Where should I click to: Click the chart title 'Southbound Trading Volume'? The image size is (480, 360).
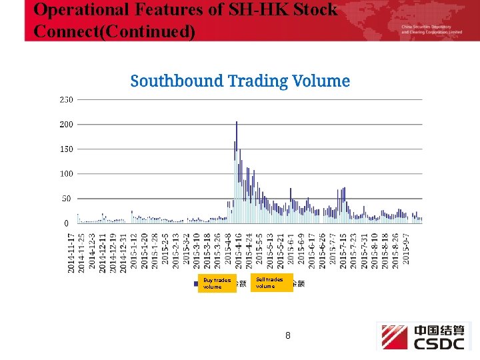click(240, 81)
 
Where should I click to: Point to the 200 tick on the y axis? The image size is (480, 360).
click(67, 125)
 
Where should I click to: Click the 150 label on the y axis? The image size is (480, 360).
click(67, 149)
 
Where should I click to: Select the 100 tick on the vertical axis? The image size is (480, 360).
click(67, 174)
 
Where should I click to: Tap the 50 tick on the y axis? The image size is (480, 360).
click(67, 199)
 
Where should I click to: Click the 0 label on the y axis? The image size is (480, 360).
click(67, 223)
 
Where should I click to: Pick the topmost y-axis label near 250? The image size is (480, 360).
click(67, 100)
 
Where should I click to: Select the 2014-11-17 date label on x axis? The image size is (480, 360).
click(71, 252)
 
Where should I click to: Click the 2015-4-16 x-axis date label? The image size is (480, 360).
click(239, 250)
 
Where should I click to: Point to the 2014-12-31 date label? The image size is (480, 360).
click(123, 252)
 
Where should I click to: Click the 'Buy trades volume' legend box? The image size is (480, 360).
click(217, 283)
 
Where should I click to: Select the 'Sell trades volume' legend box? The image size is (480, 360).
click(272, 283)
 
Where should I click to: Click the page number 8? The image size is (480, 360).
click(287, 336)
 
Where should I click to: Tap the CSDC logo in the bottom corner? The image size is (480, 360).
click(424, 337)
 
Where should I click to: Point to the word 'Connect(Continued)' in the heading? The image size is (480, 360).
click(114, 31)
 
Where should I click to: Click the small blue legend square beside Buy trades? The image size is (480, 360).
click(195, 283)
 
